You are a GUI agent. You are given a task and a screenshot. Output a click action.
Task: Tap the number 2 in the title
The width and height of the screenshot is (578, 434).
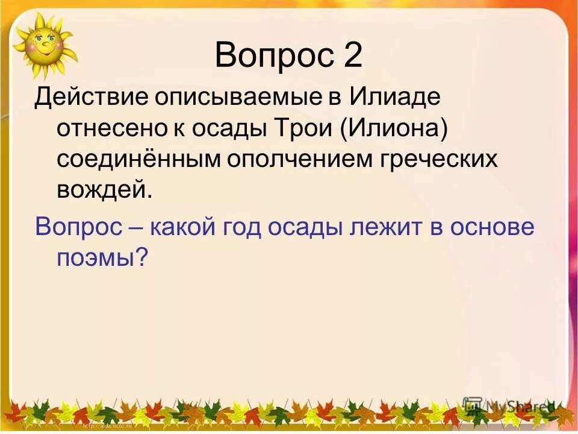pyautogui.click(x=353, y=55)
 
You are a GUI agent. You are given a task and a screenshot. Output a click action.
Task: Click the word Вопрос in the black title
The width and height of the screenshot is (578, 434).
pyautogui.click(x=274, y=55)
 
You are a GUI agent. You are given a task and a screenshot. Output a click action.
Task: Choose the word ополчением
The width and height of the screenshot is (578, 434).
pyautogui.click(x=292, y=159)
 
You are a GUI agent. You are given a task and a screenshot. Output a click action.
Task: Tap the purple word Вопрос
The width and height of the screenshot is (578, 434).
pyautogui.click(x=79, y=227)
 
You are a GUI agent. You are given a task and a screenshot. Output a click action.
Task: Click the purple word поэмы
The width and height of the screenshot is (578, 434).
pyautogui.click(x=102, y=257)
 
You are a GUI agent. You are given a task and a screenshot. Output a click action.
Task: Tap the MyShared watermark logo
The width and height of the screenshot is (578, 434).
pyautogui.click(x=509, y=406)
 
